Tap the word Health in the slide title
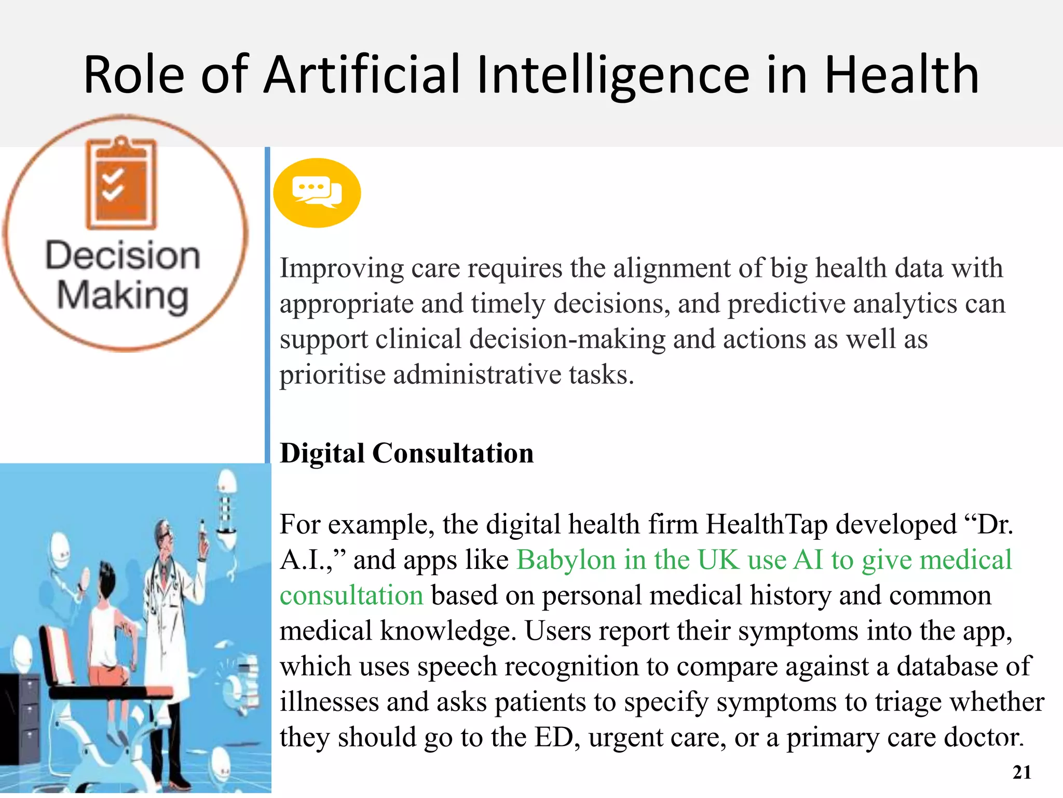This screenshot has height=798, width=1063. coord(902,75)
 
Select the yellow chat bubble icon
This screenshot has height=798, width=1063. coord(317,193)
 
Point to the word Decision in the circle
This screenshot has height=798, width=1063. coord(122,256)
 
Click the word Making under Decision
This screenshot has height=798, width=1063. coord(122,296)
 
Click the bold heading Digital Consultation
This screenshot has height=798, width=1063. coord(406,453)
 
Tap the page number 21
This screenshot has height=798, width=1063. coord(1021,773)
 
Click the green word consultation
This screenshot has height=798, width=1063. coord(351,595)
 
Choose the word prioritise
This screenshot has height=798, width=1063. coord(332,375)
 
